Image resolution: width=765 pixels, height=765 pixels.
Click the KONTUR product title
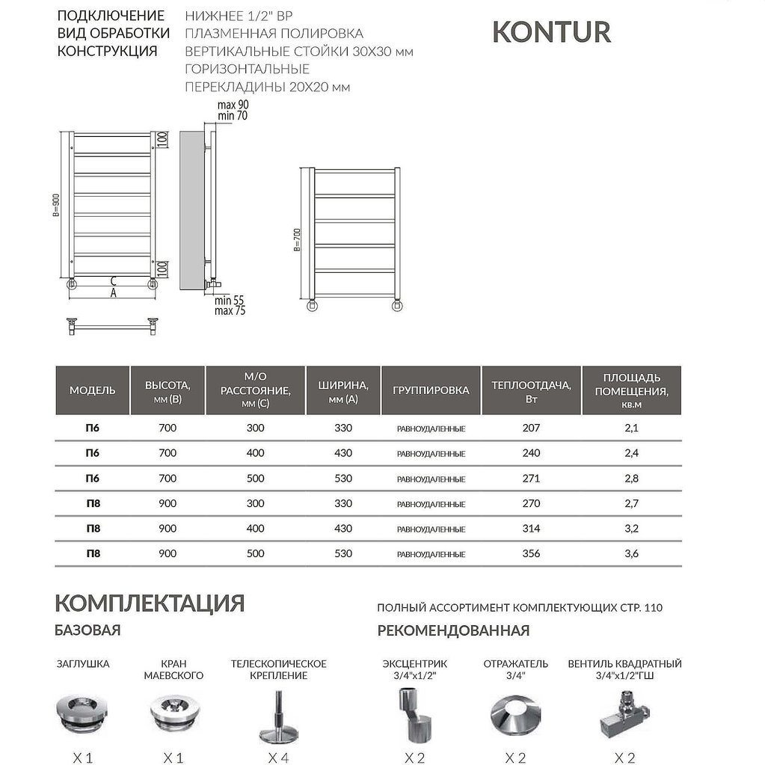(551, 32)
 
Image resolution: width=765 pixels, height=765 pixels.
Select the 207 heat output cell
(531, 428)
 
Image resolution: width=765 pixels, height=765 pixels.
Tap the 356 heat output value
(531, 553)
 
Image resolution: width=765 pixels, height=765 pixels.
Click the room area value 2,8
(631, 478)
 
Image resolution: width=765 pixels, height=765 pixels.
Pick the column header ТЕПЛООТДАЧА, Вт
(531, 390)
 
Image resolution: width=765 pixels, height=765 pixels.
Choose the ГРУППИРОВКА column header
(431, 390)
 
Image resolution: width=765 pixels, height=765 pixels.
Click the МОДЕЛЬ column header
(93, 390)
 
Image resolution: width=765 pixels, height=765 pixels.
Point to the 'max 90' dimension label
(233, 105)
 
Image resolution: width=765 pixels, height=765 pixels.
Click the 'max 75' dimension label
(230, 310)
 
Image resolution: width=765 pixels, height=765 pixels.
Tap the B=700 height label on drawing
(297, 239)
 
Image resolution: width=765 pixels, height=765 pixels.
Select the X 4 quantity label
(278, 758)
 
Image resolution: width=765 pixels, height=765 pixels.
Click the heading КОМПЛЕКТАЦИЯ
(150, 603)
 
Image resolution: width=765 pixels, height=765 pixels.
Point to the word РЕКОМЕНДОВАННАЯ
(453, 630)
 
